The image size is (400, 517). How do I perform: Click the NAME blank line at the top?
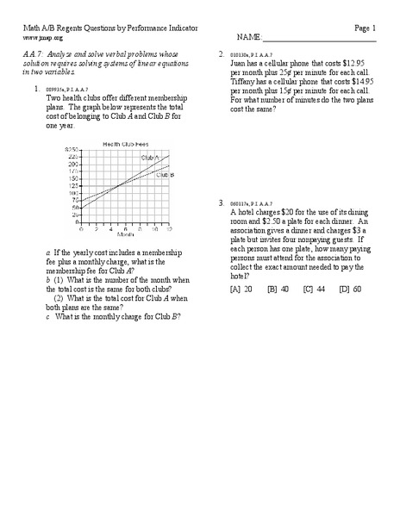pos(318,39)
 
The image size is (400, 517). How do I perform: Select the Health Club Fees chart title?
pos(123,144)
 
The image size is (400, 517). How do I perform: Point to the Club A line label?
pos(151,159)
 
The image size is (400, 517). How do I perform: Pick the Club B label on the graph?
pos(164,174)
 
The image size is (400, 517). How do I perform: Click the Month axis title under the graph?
pos(124,234)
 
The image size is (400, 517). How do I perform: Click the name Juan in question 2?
pos(241,63)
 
